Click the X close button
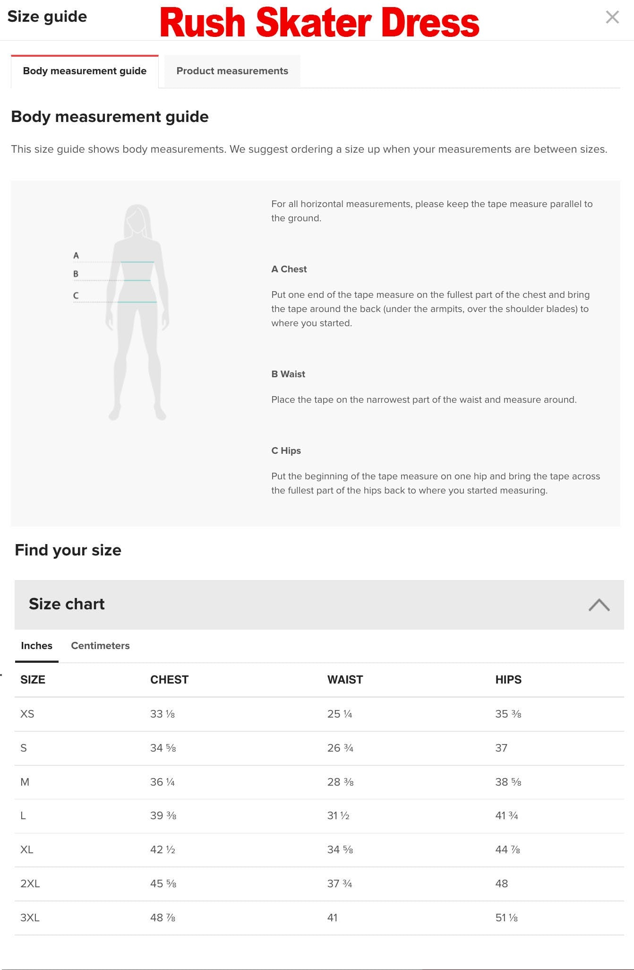612,17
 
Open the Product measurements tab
232,71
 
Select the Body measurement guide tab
85,71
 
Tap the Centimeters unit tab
100,646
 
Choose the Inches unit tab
36,646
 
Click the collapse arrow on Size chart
599,605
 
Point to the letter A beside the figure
76,256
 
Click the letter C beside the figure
76,295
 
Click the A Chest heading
289,269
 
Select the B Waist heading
288,374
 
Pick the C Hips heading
286,450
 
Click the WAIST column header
345,680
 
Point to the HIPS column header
508,680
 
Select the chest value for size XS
163,714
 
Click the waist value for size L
338,815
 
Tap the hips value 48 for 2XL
501,883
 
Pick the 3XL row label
30,918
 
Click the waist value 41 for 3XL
333,918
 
